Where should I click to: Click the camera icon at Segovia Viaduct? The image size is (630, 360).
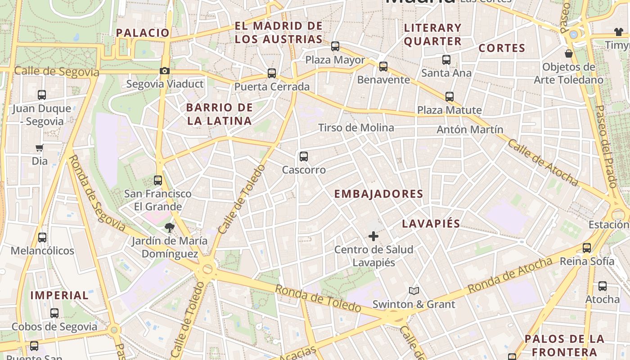[165, 71]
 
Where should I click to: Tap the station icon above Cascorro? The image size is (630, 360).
[304, 157]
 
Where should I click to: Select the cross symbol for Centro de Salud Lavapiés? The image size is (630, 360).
[373, 236]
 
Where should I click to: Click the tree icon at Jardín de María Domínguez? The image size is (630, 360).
[170, 227]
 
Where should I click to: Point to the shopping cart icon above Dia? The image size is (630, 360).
[40, 148]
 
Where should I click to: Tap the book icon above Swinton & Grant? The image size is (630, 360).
[414, 291]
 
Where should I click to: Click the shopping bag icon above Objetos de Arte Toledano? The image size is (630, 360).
[569, 54]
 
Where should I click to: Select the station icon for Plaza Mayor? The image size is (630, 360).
[335, 46]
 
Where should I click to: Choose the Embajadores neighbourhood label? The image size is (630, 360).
[379, 194]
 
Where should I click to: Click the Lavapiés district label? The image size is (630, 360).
[431, 224]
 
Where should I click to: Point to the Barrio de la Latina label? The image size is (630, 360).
[220, 114]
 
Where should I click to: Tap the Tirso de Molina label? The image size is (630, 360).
[356, 128]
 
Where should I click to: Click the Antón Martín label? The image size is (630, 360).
[470, 130]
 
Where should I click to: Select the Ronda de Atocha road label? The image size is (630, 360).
[510, 275]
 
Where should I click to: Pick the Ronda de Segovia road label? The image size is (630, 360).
[97, 193]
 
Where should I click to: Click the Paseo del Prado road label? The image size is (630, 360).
[606, 146]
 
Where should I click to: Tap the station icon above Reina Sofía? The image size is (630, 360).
[587, 247]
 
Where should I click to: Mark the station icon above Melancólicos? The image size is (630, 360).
[42, 237]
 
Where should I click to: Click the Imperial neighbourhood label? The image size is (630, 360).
[59, 295]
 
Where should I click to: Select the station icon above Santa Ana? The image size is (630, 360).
[446, 59]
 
